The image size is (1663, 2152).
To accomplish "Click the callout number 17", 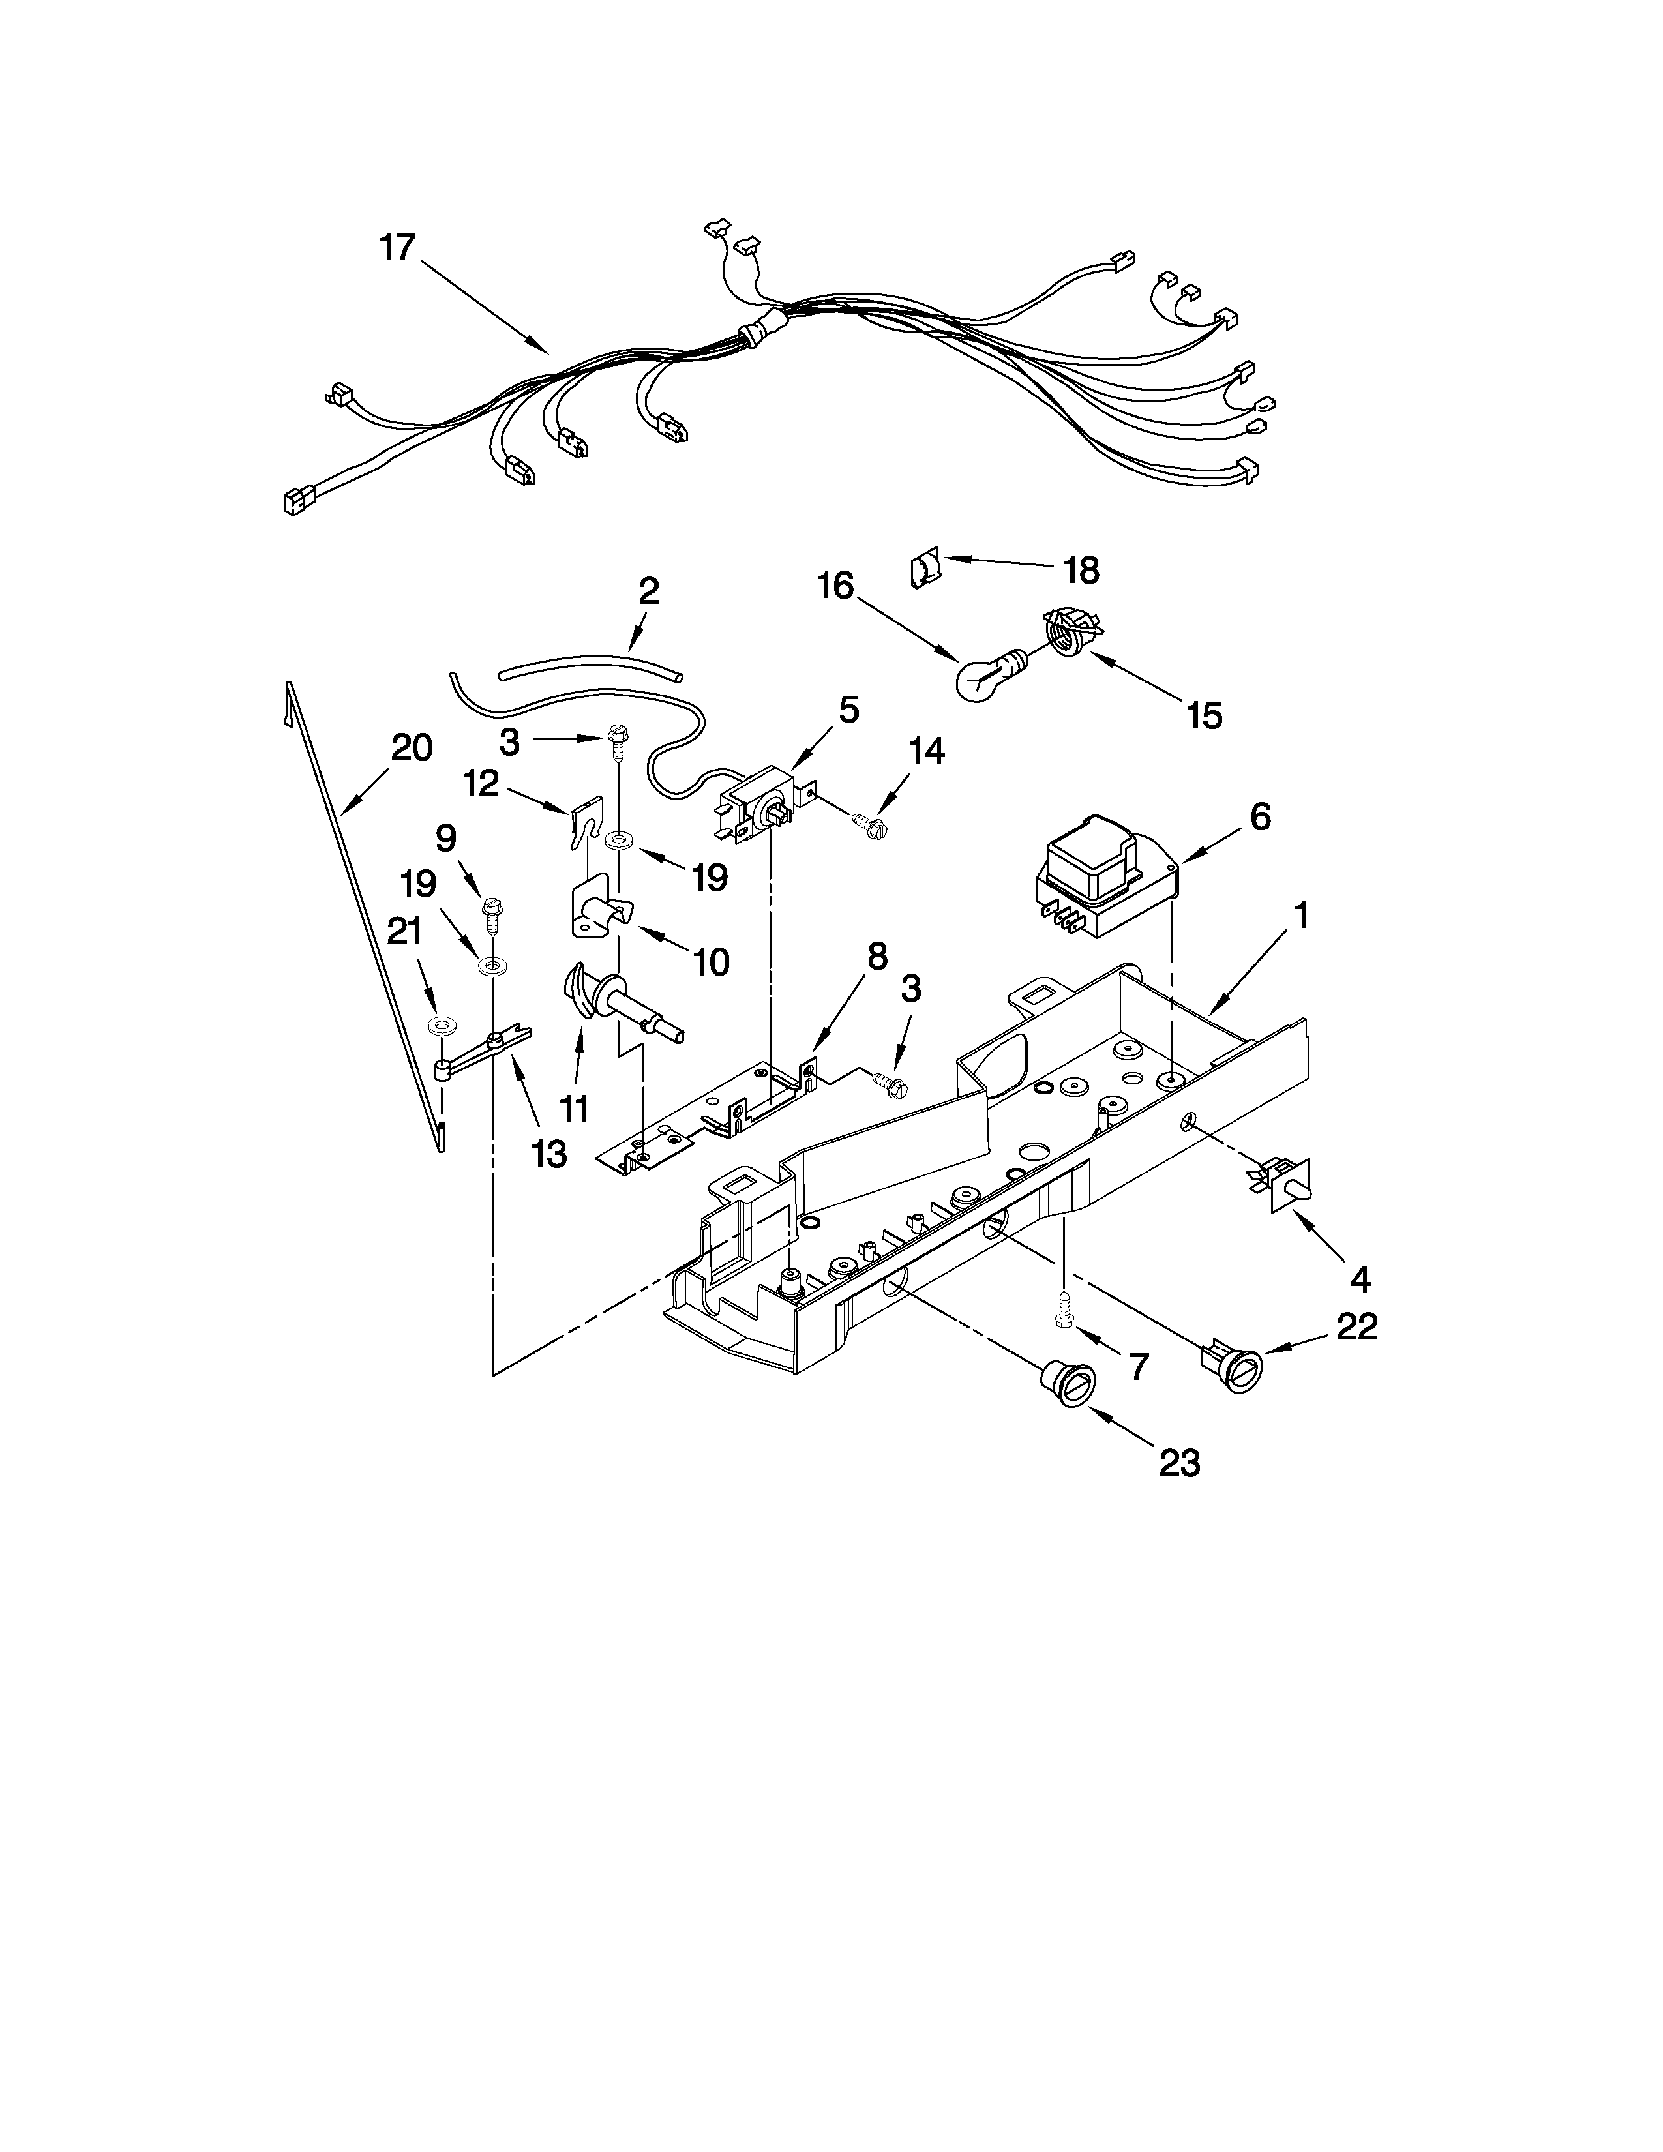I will (x=398, y=247).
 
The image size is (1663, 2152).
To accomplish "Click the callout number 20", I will (x=411, y=749).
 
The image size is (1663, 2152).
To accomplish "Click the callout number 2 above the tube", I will (x=648, y=591).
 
